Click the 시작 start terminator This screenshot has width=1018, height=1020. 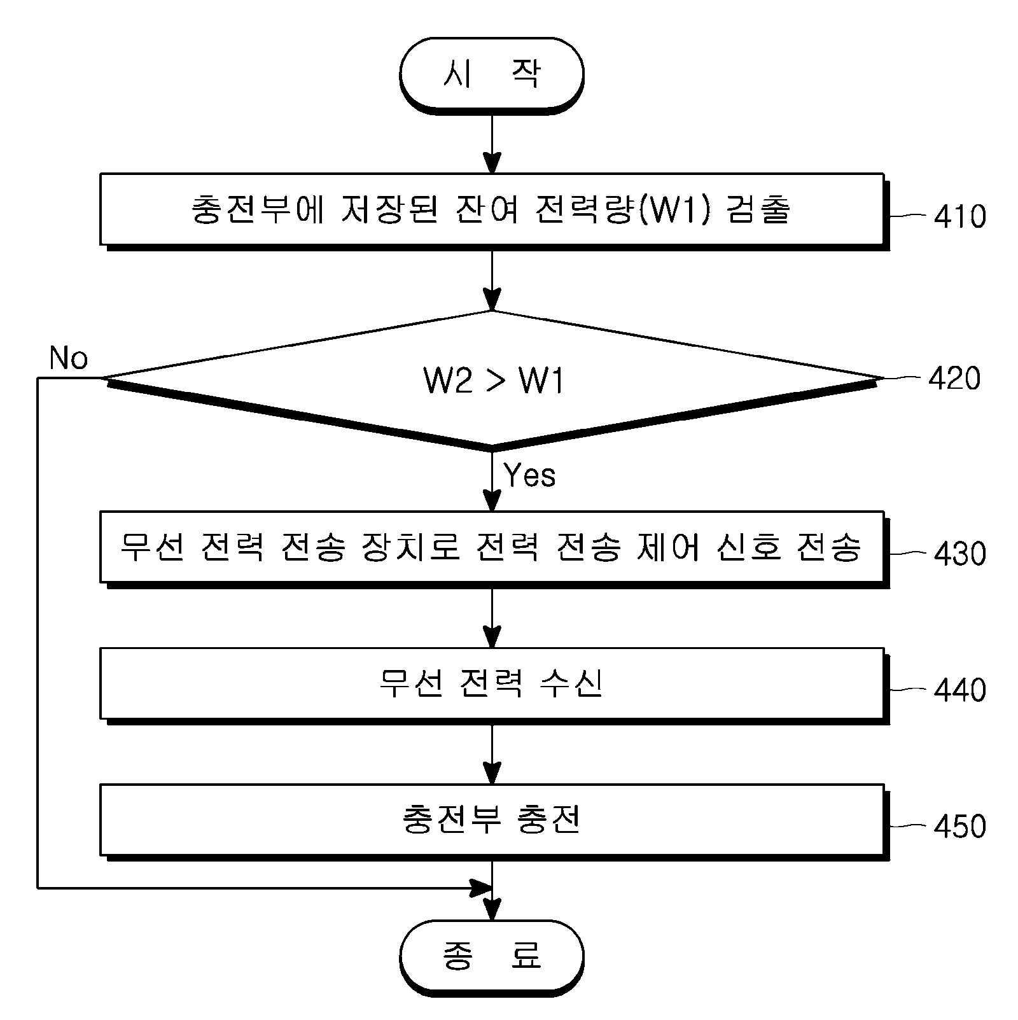pos(491,75)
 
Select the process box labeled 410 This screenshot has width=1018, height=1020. pos(493,210)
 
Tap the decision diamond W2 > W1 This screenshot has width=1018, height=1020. pos(492,381)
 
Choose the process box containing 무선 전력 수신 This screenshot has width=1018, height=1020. pos(493,685)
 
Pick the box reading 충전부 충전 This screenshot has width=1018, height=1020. pos(493,821)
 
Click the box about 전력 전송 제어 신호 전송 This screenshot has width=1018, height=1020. pos(493,548)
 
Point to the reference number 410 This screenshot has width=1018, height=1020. pos(960,216)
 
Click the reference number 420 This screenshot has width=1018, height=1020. pos(954,378)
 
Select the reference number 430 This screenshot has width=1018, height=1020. pos(960,554)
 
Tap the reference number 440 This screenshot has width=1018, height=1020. pos(960,690)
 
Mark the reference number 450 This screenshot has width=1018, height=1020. pos(960,827)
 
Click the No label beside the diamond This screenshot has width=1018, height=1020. pos(69,358)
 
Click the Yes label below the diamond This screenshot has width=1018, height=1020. pos(529,475)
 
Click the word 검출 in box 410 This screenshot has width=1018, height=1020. pos(758,210)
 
